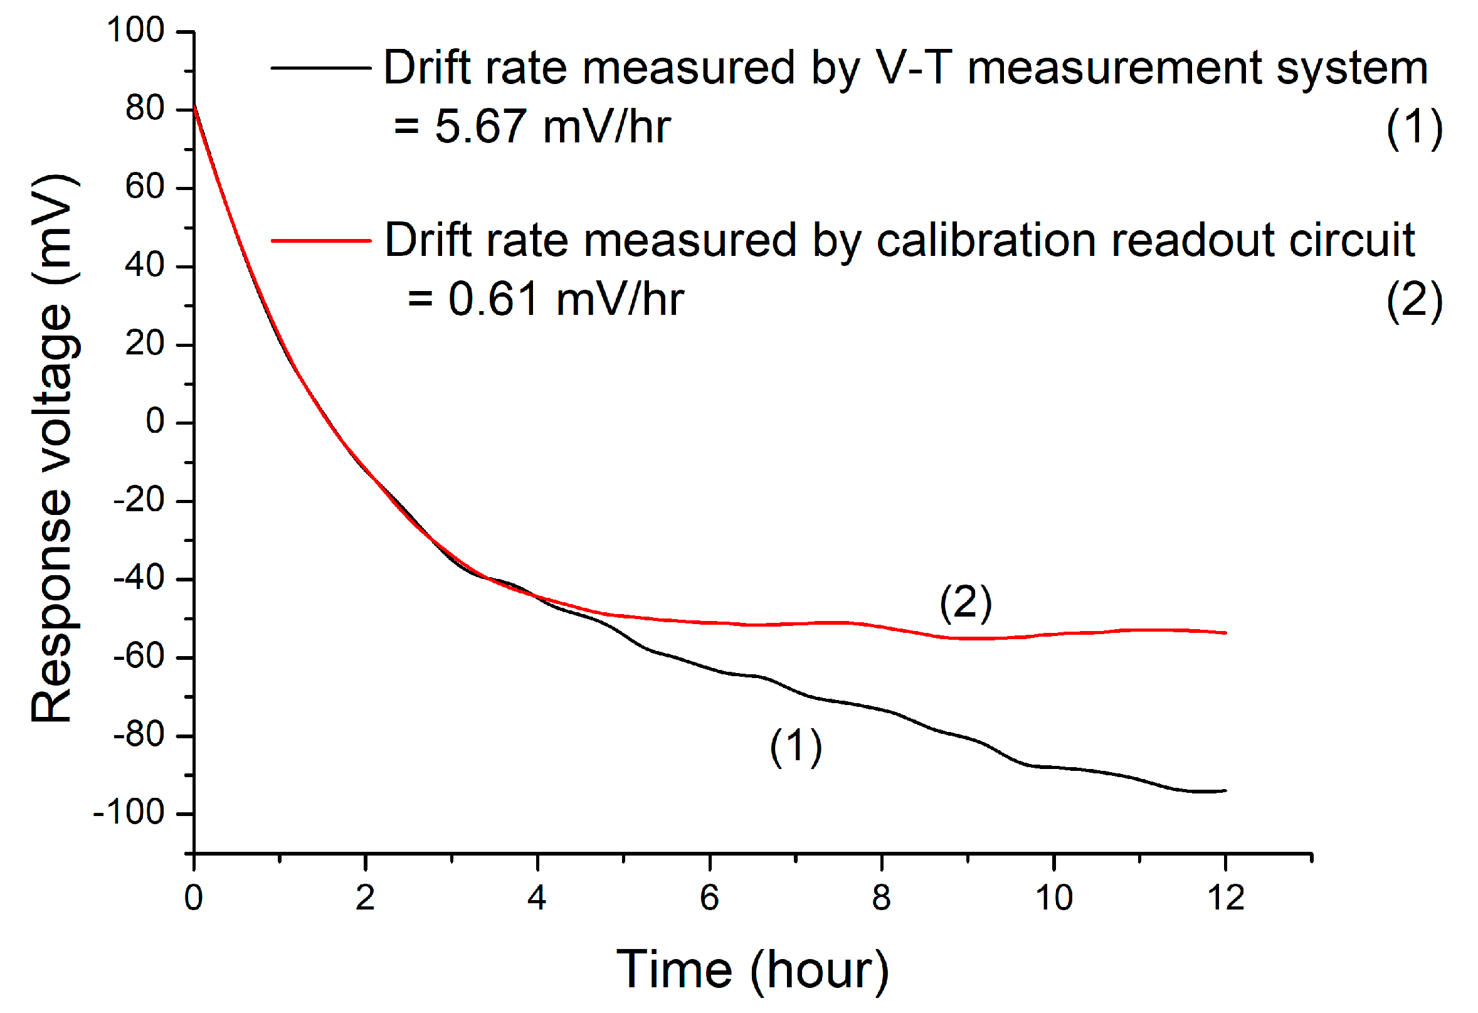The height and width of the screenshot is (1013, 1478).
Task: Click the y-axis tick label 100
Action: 135,30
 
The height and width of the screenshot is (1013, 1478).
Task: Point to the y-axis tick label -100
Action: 129,812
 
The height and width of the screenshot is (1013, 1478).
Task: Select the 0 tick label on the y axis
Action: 155,422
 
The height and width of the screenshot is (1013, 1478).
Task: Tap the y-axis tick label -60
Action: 139,656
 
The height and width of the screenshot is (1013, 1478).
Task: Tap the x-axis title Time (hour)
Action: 752,970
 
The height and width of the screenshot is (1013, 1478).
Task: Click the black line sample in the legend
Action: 321,68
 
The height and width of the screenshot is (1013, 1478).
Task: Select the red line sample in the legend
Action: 321,240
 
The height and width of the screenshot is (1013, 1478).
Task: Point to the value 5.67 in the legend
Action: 481,126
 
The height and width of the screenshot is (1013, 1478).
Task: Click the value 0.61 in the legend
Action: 494,299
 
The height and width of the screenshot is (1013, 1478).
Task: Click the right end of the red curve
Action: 1225,633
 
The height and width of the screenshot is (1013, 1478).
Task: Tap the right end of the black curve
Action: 1225,791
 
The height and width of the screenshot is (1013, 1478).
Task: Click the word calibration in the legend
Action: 986,240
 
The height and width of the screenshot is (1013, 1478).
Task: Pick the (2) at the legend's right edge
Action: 1415,300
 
